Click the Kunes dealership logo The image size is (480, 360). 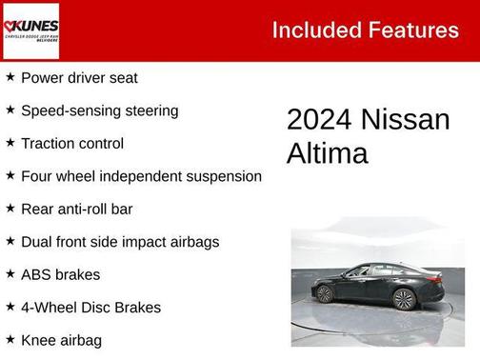[x=31, y=30]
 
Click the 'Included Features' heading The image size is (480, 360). [x=365, y=30]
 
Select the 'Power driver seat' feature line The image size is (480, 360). [x=79, y=78]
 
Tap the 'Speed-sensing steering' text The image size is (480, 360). [x=99, y=110]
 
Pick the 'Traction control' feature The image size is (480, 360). [x=72, y=144]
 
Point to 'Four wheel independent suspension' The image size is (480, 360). [x=141, y=176]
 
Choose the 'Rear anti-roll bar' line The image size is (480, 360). [x=77, y=209]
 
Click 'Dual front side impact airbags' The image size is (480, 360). [x=120, y=242]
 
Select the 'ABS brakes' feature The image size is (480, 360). [x=61, y=274]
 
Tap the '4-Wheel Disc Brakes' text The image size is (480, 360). [x=90, y=308]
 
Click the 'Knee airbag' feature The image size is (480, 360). [x=61, y=340]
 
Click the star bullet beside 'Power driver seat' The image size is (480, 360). [x=10, y=77]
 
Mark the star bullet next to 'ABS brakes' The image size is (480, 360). [x=10, y=273]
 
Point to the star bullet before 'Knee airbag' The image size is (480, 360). [x=10, y=339]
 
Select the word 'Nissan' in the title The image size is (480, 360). [x=406, y=120]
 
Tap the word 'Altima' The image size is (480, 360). [x=327, y=153]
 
